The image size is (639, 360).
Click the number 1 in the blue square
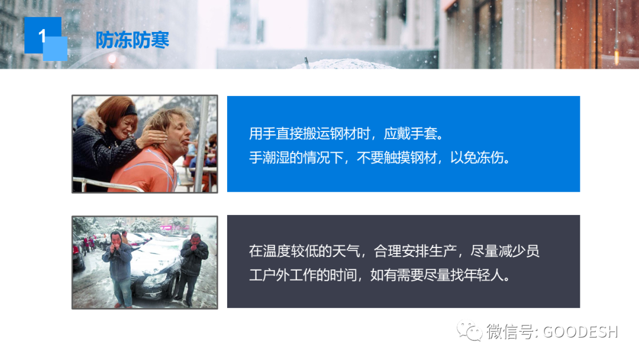(x=42, y=36)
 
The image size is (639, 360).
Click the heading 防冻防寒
(x=133, y=40)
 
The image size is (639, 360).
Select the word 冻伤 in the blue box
(x=490, y=157)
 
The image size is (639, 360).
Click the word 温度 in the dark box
(x=276, y=250)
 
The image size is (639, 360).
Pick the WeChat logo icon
(x=469, y=330)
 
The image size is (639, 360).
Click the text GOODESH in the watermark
(x=580, y=332)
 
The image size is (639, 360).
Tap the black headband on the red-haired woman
(x=130, y=110)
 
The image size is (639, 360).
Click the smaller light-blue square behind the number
(x=55, y=49)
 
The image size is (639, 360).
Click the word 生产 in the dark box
(x=443, y=250)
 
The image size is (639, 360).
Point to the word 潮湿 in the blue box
(x=276, y=157)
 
